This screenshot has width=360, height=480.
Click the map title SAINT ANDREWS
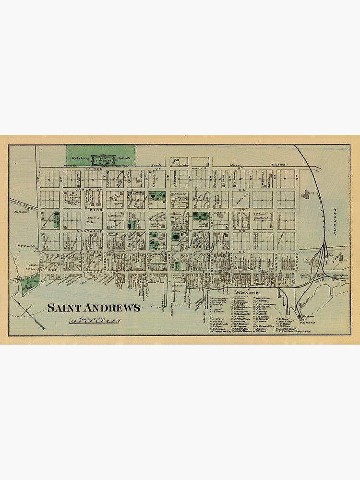94,308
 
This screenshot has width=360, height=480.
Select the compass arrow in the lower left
30,314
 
